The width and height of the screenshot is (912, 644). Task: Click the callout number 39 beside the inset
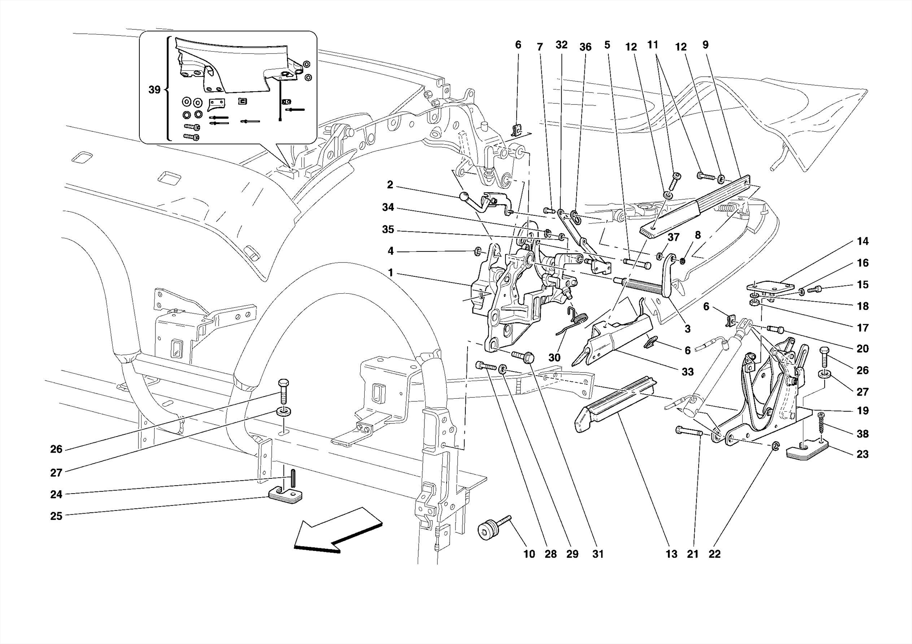[x=154, y=90]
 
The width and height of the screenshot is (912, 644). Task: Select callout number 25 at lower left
[x=56, y=516]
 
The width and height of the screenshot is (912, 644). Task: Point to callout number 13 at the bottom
[x=671, y=554]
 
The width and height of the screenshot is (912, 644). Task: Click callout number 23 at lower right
[x=862, y=454]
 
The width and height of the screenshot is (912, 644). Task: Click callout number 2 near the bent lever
[x=390, y=185]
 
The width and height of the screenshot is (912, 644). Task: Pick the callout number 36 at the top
[x=585, y=47]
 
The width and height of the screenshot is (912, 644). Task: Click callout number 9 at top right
[x=705, y=45]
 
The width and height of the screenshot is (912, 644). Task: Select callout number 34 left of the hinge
[x=388, y=207]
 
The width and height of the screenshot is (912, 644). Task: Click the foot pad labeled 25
[x=285, y=495]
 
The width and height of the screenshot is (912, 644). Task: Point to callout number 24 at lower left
[x=56, y=494]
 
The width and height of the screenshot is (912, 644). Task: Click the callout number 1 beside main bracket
[x=391, y=272]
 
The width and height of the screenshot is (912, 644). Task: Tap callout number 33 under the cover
[x=688, y=372]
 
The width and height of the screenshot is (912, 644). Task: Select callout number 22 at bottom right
[x=714, y=554]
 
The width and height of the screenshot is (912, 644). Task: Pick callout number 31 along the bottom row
[x=598, y=554]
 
